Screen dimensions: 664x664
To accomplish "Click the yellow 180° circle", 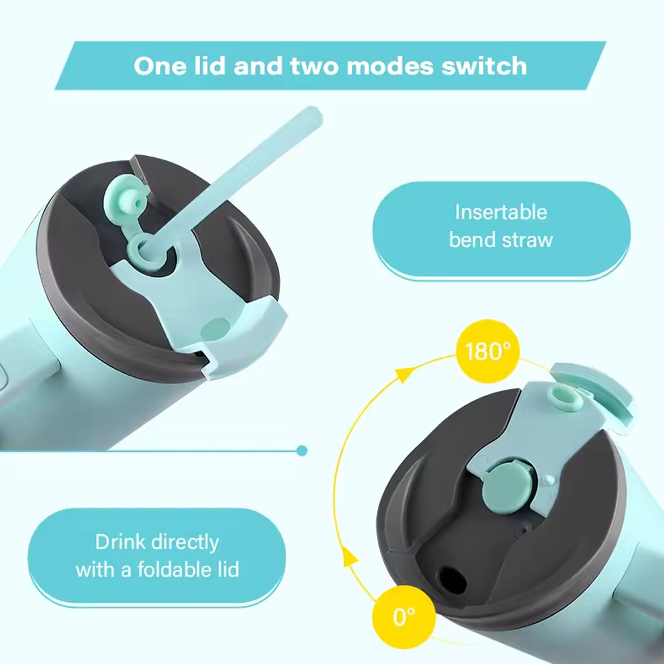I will click(488, 351).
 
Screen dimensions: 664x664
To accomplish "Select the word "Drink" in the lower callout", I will click(120, 542).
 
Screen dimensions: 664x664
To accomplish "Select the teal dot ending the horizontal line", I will click(302, 450).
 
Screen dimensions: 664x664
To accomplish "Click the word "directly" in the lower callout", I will click(185, 542).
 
